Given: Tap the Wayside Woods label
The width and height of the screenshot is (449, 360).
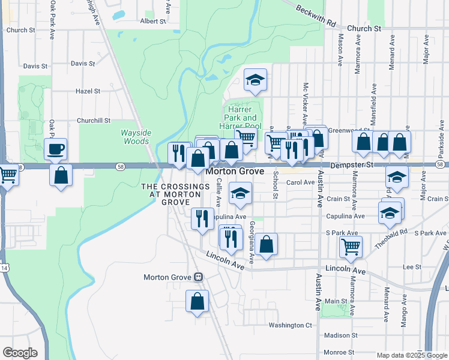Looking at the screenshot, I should (135, 137).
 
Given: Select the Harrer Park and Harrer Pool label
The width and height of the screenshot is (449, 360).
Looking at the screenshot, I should (242, 118).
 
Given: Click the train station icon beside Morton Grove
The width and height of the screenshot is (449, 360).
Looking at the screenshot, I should (198, 277).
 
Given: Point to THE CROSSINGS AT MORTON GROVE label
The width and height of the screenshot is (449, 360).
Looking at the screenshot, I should (172, 194).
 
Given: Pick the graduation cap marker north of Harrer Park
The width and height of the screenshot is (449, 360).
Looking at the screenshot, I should (255, 80).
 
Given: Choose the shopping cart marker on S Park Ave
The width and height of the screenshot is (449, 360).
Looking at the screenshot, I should (351, 245).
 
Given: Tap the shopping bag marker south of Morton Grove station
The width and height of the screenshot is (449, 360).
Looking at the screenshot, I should (197, 302).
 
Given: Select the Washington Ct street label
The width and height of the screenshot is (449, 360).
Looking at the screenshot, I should (291, 325).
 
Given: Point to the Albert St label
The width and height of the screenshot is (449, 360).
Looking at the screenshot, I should (152, 21).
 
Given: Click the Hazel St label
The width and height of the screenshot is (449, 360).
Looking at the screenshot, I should (88, 91).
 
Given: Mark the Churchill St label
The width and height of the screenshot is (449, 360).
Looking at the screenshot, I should (95, 120).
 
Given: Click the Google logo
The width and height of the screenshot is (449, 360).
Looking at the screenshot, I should (19, 353).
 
